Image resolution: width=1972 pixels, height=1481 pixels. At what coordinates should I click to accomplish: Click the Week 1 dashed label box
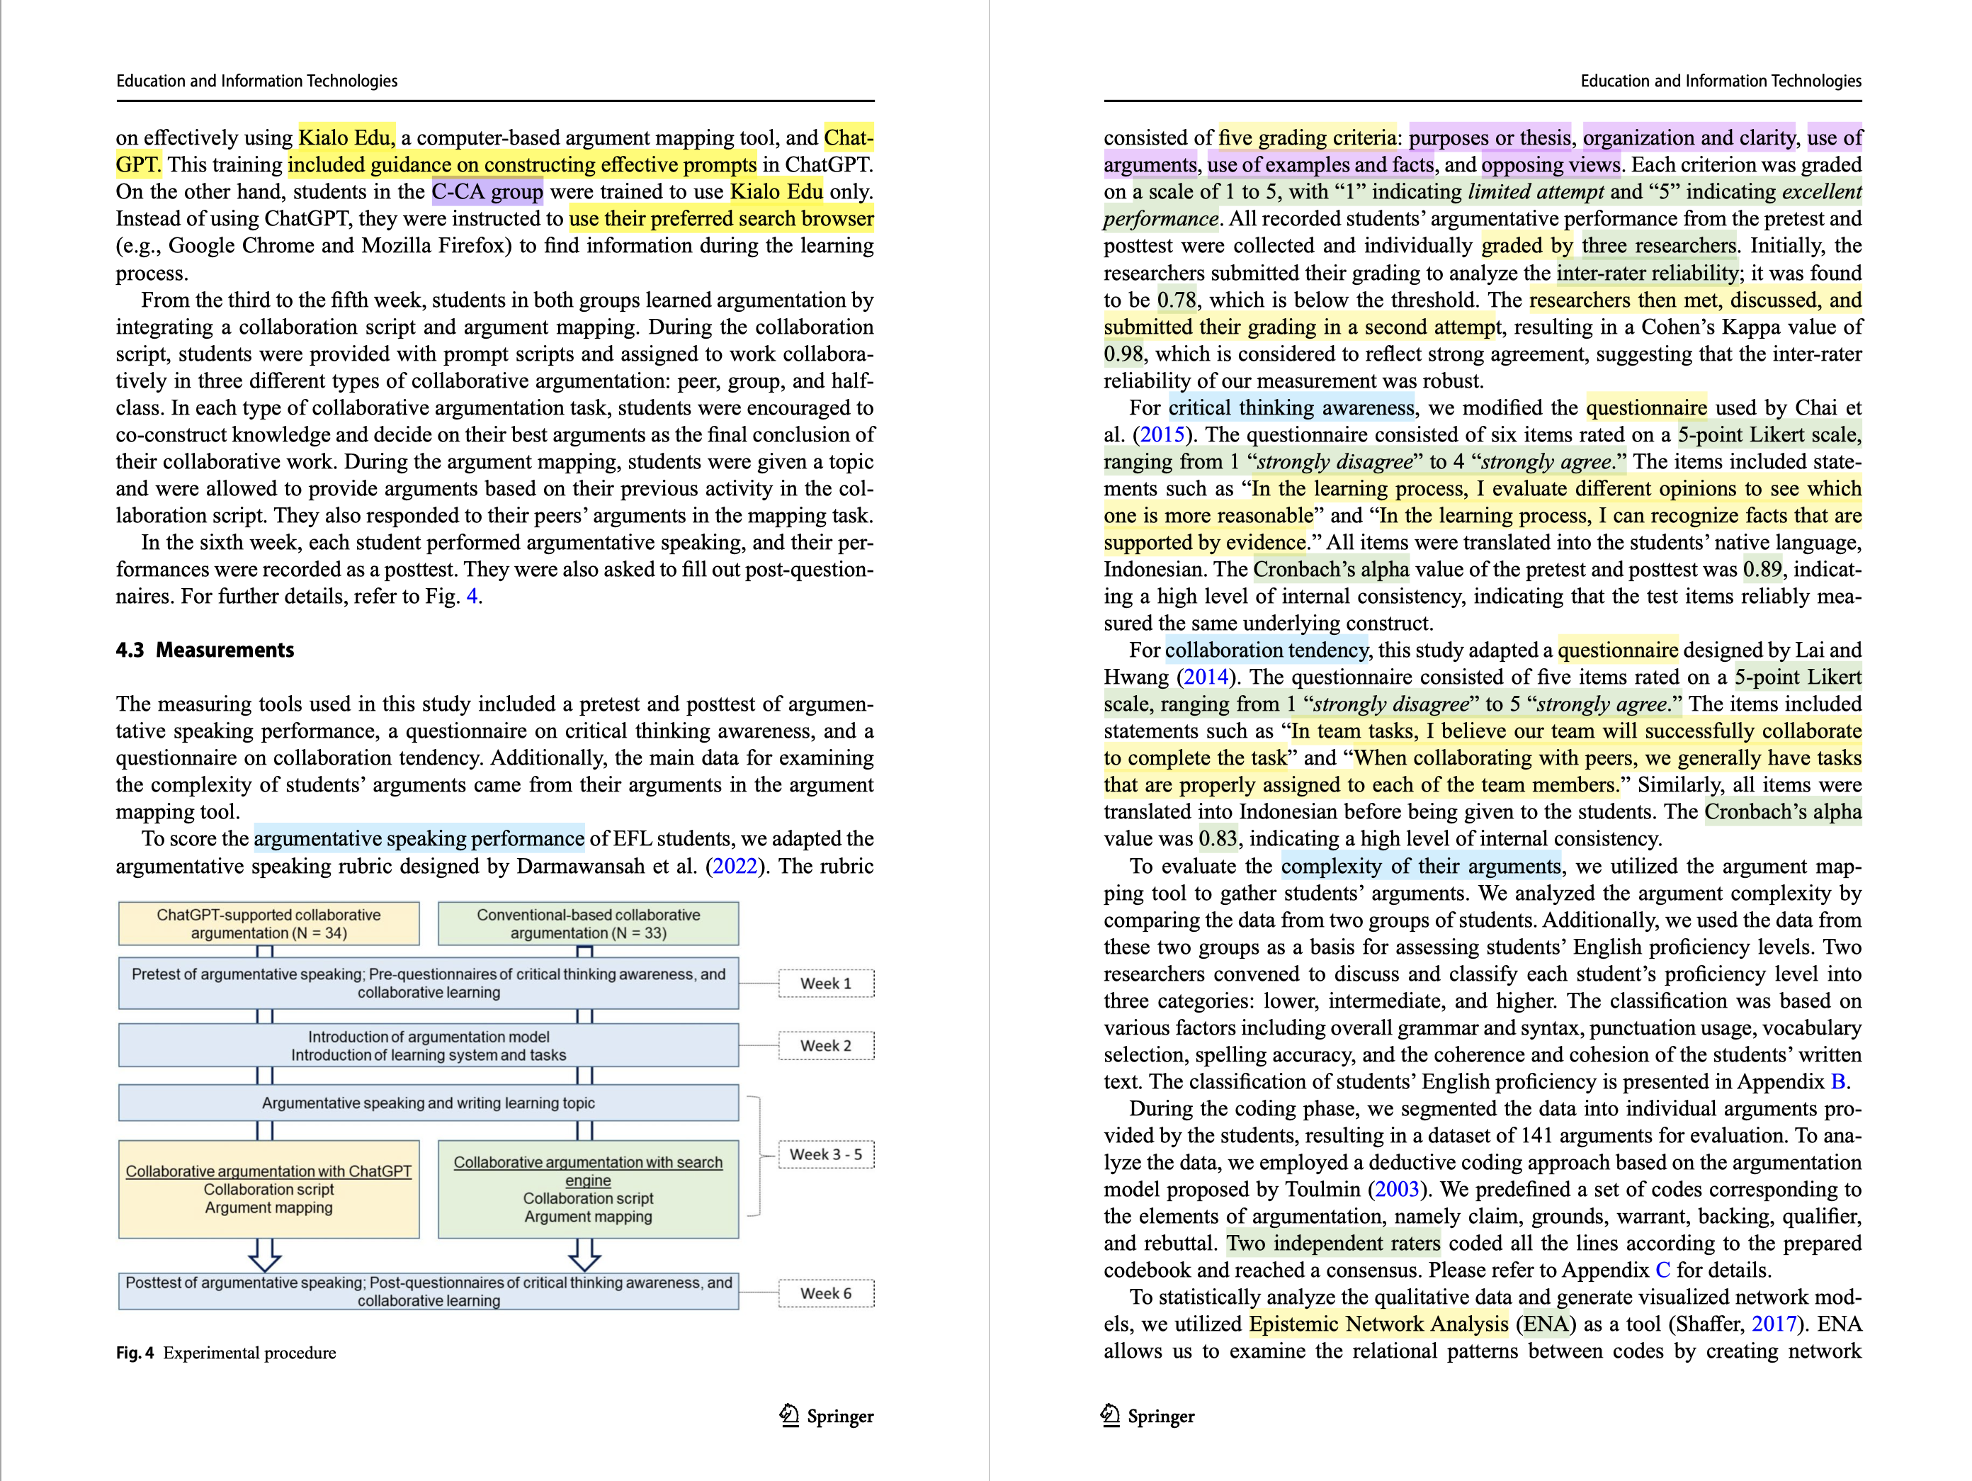point(825,984)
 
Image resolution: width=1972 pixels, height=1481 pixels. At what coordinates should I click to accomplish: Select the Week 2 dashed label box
point(825,1046)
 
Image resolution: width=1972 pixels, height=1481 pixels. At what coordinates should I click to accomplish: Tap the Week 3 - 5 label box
point(825,1154)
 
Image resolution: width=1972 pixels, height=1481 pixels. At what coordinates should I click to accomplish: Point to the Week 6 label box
point(825,1294)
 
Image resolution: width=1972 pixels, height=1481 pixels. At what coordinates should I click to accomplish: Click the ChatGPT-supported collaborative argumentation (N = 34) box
point(268,924)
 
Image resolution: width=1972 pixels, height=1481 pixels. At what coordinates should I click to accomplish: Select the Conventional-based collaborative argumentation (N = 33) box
point(589,924)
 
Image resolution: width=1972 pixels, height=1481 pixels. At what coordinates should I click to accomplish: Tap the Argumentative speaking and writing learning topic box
point(428,1103)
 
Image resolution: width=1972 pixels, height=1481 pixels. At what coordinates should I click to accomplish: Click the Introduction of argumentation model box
point(428,1046)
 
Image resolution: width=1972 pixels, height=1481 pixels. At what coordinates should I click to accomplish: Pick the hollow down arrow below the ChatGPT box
point(265,1254)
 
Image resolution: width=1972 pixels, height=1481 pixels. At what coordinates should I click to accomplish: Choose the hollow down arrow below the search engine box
point(584,1254)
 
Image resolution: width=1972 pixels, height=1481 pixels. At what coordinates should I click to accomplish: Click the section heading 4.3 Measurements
point(205,650)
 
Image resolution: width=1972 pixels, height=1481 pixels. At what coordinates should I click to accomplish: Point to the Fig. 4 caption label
point(135,1353)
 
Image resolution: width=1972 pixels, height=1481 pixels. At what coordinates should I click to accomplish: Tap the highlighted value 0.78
point(1177,300)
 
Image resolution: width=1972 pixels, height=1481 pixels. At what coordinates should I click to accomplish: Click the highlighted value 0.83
point(1218,839)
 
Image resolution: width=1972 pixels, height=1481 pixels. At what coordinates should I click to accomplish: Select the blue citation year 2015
point(1162,435)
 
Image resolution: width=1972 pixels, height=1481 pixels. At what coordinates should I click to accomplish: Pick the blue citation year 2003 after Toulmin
point(1396,1190)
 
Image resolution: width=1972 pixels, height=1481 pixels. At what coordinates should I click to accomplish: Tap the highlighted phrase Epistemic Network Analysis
point(1378,1325)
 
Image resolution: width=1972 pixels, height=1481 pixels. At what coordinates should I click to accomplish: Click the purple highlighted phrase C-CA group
point(487,193)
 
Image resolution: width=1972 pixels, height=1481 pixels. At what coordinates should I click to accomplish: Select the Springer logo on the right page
point(1147,1416)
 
